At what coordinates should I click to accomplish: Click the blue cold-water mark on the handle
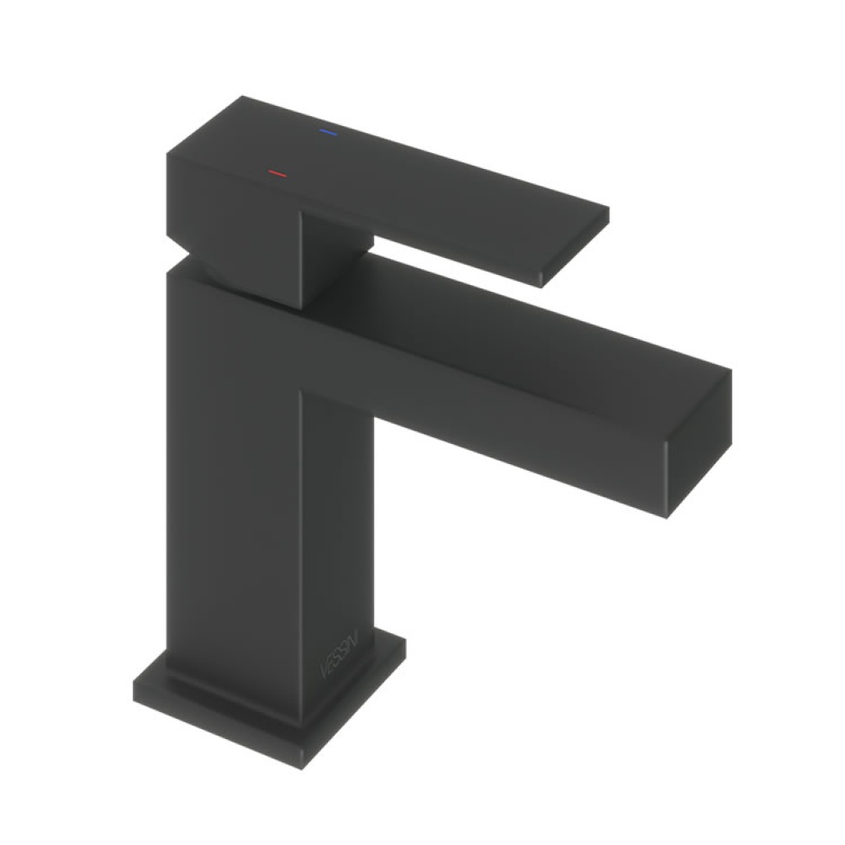pyautogui.click(x=326, y=133)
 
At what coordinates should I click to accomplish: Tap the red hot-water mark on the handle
pyautogui.click(x=277, y=174)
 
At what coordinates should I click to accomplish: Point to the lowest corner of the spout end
pyautogui.click(x=668, y=517)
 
